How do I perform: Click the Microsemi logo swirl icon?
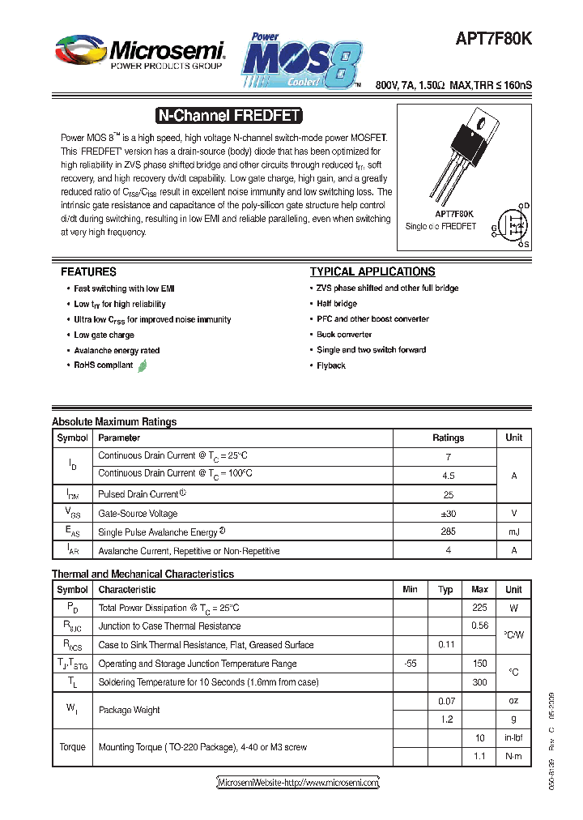click(x=79, y=51)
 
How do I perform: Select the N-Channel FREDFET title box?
click(x=228, y=116)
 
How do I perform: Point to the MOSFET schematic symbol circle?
click(x=513, y=224)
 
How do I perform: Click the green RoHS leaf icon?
click(x=143, y=365)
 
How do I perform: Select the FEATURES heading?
click(x=88, y=272)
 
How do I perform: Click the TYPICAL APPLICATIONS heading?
click(x=372, y=272)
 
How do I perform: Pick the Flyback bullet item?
click(x=331, y=365)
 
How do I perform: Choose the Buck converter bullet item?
click(x=344, y=335)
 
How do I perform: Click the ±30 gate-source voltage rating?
click(x=448, y=513)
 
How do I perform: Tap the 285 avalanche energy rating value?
click(x=448, y=532)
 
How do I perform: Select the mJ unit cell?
click(x=513, y=532)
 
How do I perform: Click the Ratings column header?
click(x=448, y=438)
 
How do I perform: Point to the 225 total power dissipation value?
click(x=479, y=608)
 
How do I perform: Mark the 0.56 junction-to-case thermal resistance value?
click(x=479, y=626)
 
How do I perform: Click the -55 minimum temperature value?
click(x=410, y=663)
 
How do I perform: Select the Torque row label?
click(x=72, y=747)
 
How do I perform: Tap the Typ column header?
click(x=445, y=589)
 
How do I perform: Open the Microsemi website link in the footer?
click(x=298, y=783)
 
